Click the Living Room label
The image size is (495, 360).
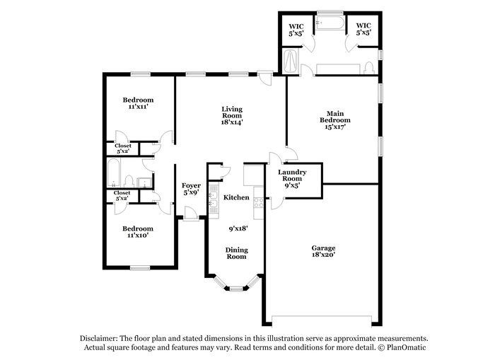click(x=232, y=112)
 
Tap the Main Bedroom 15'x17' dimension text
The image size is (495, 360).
click(x=335, y=127)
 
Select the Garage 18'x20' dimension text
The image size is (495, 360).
click(x=323, y=255)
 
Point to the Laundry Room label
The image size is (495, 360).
click(x=292, y=175)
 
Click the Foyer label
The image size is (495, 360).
click(x=191, y=185)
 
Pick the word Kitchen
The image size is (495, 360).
click(x=236, y=197)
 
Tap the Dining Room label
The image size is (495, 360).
click(x=236, y=253)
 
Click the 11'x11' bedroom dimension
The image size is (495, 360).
click(x=139, y=107)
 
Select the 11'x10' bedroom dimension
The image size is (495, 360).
click(x=138, y=236)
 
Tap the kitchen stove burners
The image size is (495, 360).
click(x=259, y=202)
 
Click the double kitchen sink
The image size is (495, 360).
click(x=214, y=199)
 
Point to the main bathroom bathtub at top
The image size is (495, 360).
click(x=330, y=23)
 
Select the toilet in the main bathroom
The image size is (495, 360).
click(x=368, y=68)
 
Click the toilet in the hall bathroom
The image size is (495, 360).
click(x=129, y=181)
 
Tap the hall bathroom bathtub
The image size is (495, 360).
click(x=113, y=173)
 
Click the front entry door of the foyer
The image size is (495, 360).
click(x=191, y=213)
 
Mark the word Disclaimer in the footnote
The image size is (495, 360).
click(x=99, y=339)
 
